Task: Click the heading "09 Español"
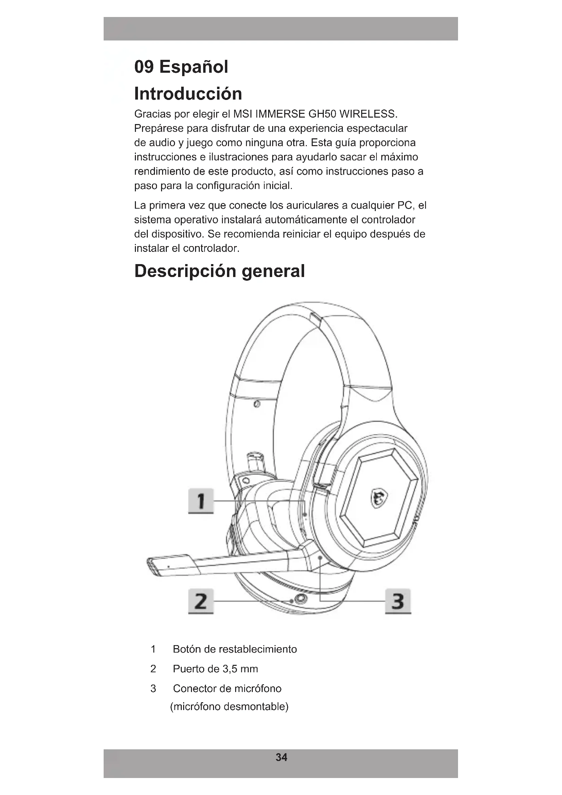(x=181, y=67)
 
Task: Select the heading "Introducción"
(x=188, y=93)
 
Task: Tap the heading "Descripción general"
(x=219, y=271)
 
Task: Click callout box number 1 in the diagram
(x=201, y=501)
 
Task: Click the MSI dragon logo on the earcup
(x=379, y=499)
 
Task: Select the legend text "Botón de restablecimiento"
(x=235, y=649)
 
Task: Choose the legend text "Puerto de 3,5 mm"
(x=215, y=669)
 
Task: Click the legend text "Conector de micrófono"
(x=227, y=688)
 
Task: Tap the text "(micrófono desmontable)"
(x=229, y=706)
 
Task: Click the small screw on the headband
(x=257, y=404)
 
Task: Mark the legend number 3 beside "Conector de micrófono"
(x=153, y=688)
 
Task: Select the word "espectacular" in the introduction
(x=377, y=128)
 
